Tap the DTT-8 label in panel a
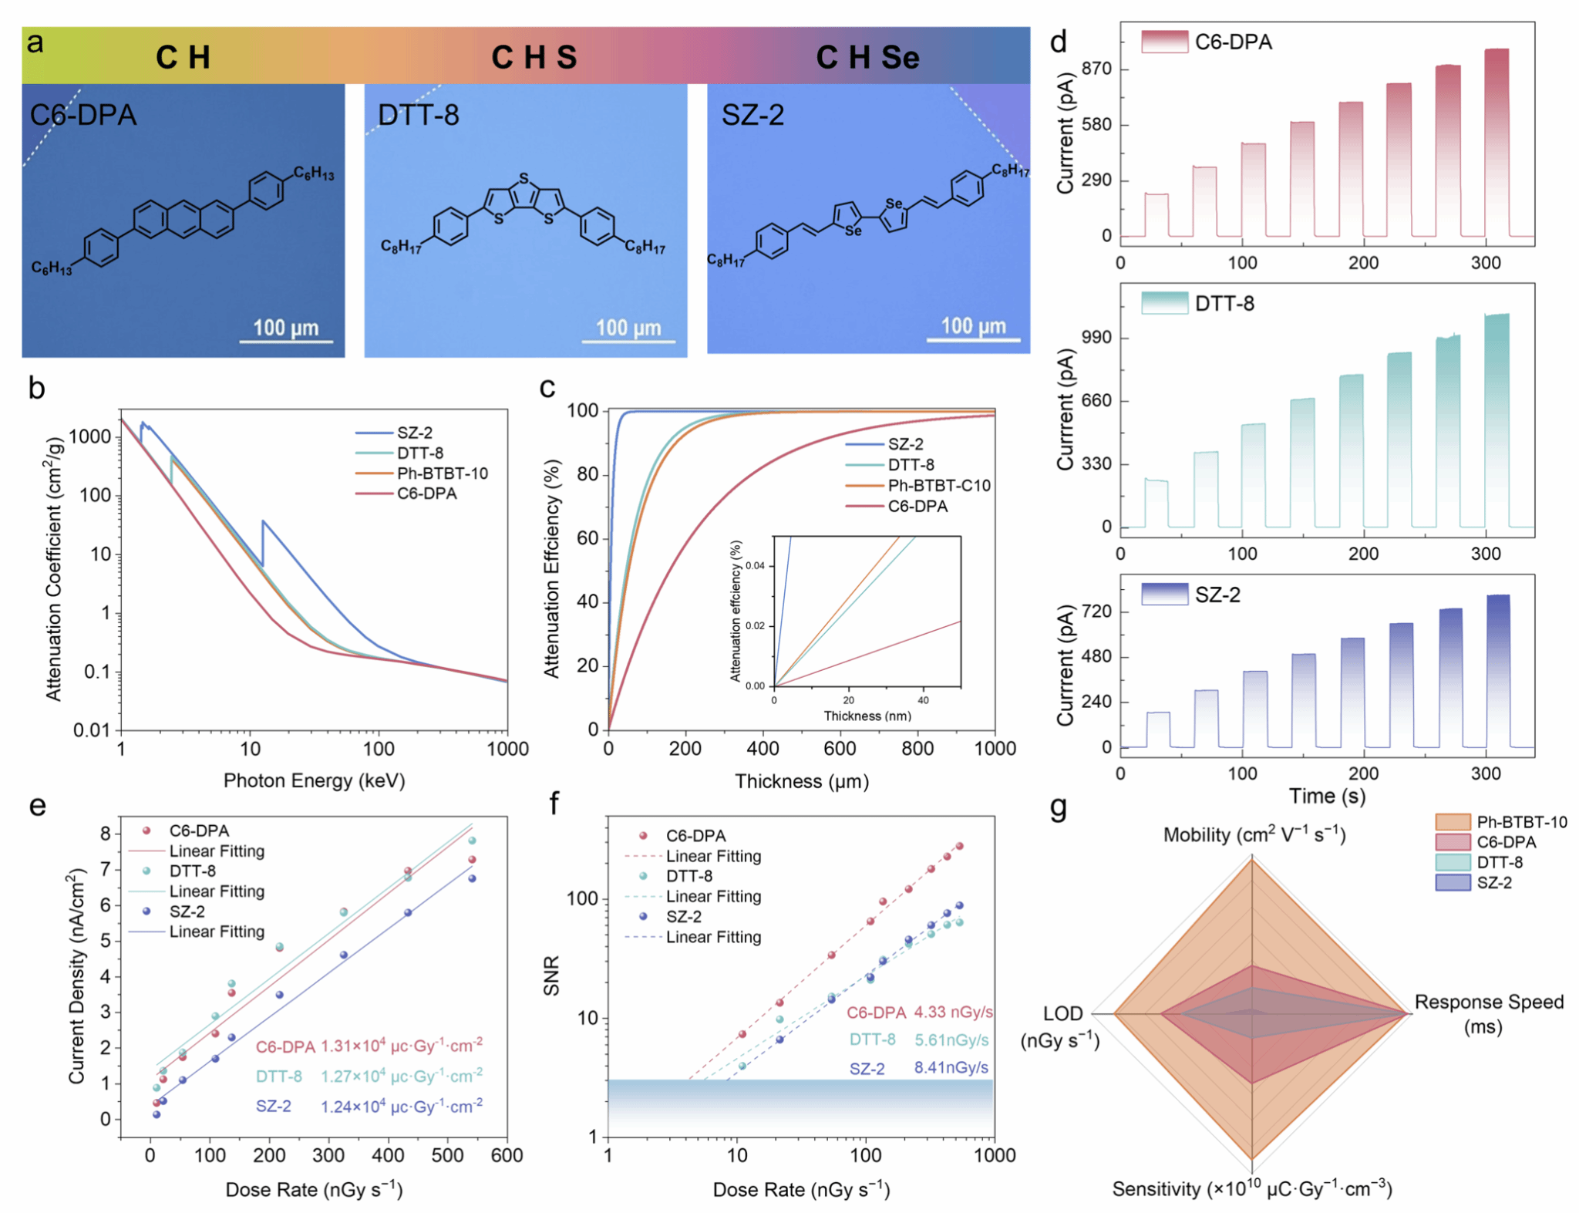418,116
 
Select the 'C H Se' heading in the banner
867,57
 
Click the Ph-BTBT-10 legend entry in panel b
442,473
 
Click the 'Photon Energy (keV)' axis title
314,780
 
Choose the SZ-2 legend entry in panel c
905,444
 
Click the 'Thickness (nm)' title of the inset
867,716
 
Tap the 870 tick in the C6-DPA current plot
1096,69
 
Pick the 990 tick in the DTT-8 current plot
1096,338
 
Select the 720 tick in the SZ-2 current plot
1096,612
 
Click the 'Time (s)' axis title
1327,796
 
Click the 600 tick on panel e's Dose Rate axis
507,1155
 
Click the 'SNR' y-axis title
551,975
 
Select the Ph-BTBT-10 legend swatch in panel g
1452,822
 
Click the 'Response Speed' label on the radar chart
1488,1002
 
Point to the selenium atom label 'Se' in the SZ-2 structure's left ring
853,231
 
